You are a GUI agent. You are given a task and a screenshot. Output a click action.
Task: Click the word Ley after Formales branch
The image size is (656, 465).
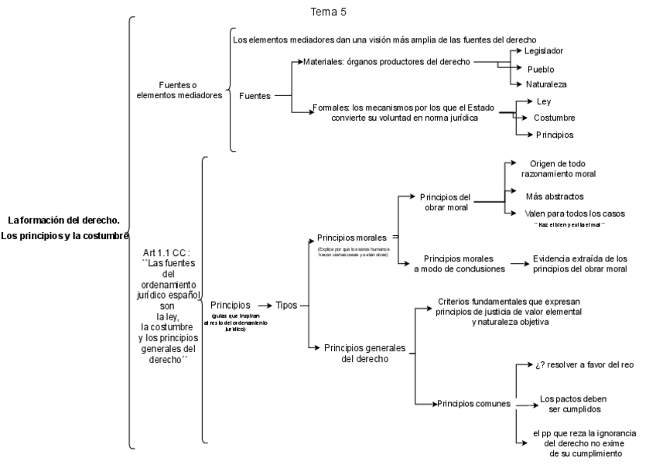(x=543, y=101)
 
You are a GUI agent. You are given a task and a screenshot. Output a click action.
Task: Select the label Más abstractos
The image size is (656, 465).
(x=554, y=196)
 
